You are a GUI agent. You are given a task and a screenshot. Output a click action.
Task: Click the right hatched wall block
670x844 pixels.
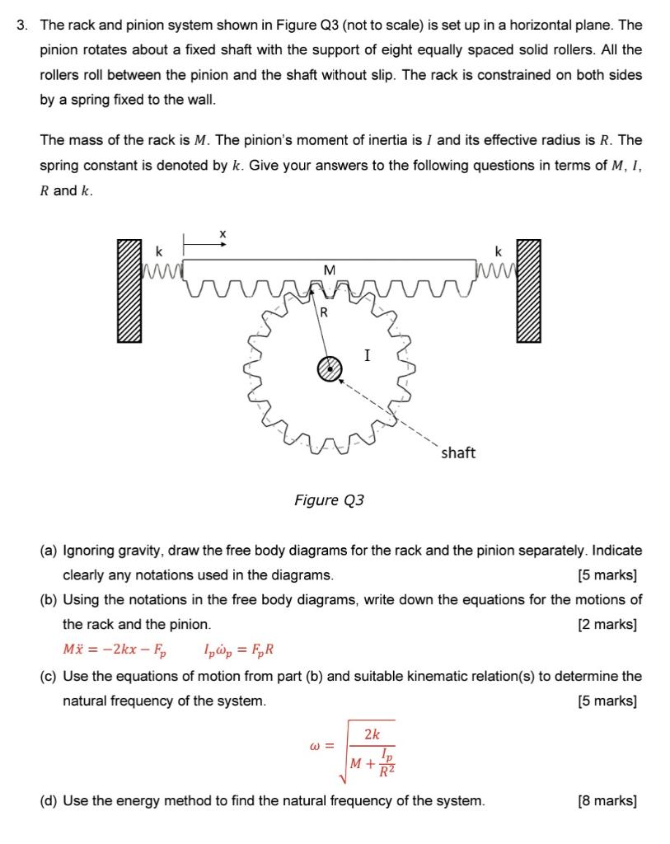pyautogui.click(x=528, y=292)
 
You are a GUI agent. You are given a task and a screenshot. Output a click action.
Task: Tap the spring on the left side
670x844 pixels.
pyautogui.click(x=161, y=266)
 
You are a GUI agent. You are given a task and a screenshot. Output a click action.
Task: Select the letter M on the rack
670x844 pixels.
pyautogui.click(x=330, y=269)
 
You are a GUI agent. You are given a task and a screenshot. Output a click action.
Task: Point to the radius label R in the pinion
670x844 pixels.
pyautogui.click(x=324, y=312)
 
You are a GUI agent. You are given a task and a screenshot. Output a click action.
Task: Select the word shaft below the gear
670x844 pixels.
pyautogui.click(x=458, y=453)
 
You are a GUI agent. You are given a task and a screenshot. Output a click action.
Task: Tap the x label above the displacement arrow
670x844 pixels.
pyautogui.click(x=222, y=234)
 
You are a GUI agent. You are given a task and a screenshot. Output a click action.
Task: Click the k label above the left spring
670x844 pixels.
pyautogui.click(x=160, y=248)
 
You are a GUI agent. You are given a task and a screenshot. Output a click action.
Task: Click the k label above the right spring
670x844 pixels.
pyautogui.click(x=499, y=248)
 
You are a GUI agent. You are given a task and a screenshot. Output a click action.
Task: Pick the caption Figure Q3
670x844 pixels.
pyautogui.click(x=330, y=500)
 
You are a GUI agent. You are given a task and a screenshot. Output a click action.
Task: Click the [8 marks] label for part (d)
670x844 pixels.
pyautogui.click(x=608, y=800)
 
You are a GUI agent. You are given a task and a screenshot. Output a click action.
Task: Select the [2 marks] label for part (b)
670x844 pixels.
pyautogui.click(x=608, y=624)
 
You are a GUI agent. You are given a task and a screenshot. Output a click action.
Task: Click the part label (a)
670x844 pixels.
pyautogui.click(x=49, y=550)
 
